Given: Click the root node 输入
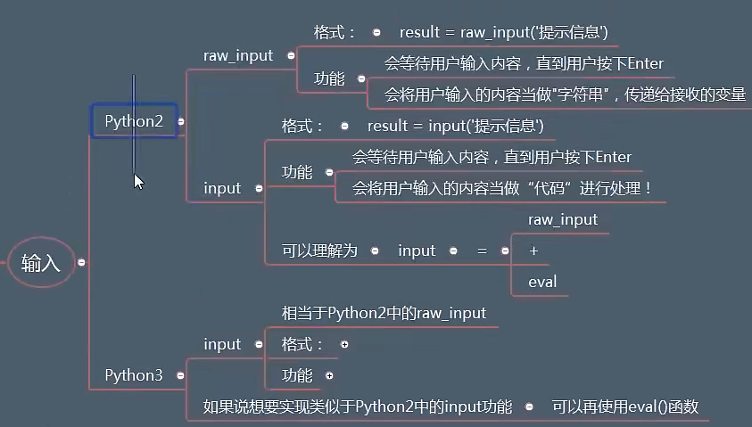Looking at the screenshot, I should (40, 263).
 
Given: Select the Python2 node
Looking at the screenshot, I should (134, 121).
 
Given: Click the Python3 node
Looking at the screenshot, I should (134, 375).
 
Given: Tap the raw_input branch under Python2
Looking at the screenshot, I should (238, 55).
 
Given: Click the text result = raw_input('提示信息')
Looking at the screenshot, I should (503, 32).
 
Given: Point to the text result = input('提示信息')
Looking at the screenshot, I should (455, 126).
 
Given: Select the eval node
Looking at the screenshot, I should (542, 282).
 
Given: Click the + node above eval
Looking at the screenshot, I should (533, 250).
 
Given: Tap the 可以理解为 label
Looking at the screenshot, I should (318, 250).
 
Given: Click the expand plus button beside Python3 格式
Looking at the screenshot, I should (344, 344).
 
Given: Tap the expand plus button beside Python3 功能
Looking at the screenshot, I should (329, 375).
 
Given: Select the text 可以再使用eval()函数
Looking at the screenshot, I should (624, 406).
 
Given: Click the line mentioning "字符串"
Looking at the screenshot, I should (565, 94).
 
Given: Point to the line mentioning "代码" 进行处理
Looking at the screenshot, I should (502, 188).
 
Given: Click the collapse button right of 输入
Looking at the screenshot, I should (81, 263).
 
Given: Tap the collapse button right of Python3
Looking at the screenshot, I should (181, 375).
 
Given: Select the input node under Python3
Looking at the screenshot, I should (222, 344).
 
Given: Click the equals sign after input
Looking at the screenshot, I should (482, 250).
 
